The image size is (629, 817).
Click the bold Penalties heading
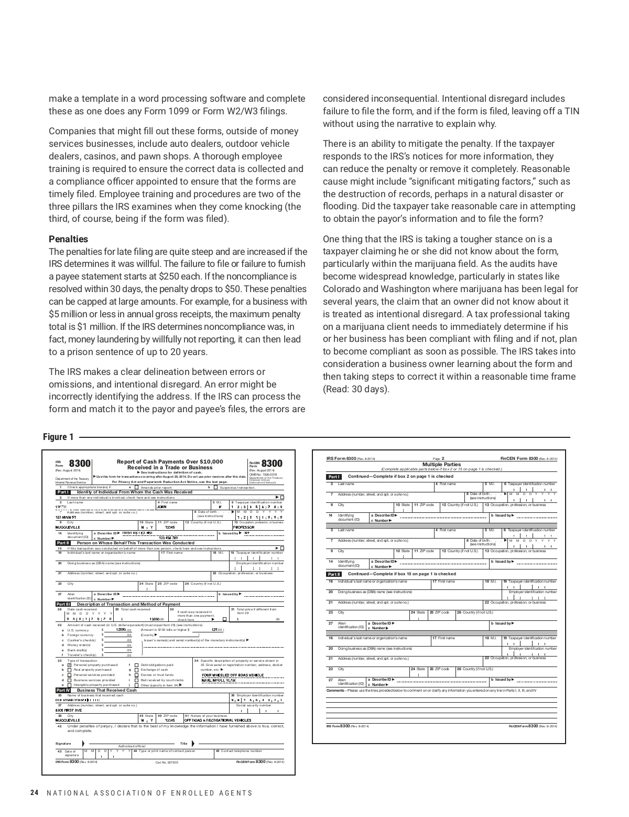coord(68,239)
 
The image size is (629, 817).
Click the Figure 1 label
coord(58,437)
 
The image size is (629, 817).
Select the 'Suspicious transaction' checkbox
coord(215,487)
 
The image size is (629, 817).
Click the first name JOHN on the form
coord(162,507)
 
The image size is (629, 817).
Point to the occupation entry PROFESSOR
coord(244,527)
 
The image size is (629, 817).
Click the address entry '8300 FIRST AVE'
coord(69,710)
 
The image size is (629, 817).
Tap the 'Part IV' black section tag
coord(63,690)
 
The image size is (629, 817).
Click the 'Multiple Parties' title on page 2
coord(441,464)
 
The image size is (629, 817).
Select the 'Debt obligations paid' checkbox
coord(136,665)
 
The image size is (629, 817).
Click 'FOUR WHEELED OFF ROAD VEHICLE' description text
coord(233,675)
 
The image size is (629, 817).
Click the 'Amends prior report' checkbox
coord(136,487)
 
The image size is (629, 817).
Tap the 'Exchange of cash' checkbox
coord(136,670)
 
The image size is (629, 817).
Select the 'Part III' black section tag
coord(63,604)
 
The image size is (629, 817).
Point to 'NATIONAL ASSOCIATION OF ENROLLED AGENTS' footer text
coord(149,793)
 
